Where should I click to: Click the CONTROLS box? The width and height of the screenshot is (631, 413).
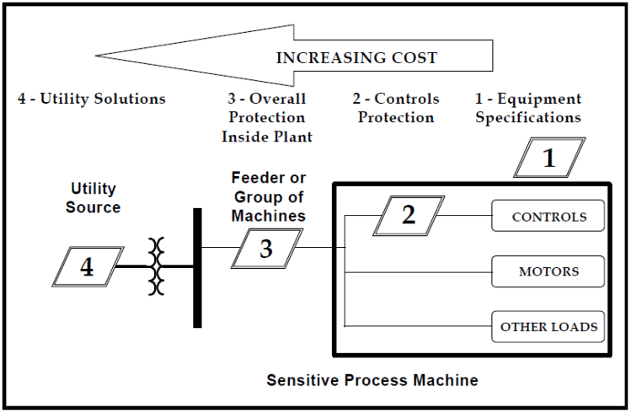(548, 217)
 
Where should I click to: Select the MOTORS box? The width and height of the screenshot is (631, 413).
(548, 271)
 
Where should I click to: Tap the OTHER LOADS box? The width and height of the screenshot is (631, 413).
(548, 326)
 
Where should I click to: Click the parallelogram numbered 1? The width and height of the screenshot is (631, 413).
(548, 157)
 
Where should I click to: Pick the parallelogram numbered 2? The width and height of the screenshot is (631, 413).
(408, 215)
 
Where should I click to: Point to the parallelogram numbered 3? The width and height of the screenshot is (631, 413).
(265, 248)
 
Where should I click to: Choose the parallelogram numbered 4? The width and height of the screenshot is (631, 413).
(87, 267)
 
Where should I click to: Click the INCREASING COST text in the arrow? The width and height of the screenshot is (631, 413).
(356, 58)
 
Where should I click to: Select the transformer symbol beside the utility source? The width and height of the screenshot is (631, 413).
(155, 266)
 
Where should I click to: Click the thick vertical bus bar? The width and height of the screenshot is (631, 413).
(197, 267)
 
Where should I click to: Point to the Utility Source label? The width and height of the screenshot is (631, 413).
(94, 198)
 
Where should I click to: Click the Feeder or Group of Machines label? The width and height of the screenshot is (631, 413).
(269, 197)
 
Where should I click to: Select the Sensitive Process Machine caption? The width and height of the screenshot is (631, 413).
(372, 380)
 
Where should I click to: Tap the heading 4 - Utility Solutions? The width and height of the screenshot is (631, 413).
(92, 99)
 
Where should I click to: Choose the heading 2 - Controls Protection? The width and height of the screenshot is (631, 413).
(395, 108)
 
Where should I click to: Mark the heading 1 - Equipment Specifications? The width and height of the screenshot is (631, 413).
(528, 108)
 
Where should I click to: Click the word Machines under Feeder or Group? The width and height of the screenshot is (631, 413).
(269, 216)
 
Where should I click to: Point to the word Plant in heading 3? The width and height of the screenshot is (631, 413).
(291, 137)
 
